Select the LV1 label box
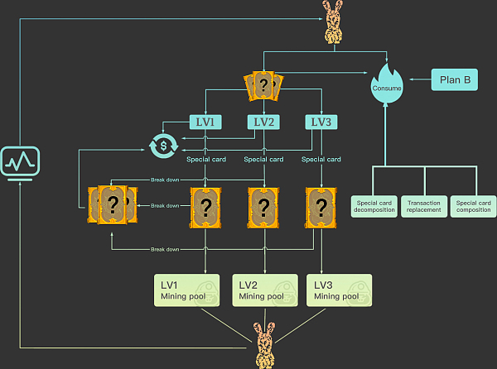(205, 122)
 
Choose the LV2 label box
(263, 122)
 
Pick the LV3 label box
(321, 122)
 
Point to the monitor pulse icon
(19, 161)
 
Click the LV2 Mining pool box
(263, 290)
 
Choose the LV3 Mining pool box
(340, 290)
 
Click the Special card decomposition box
(374, 206)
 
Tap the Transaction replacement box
(424, 206)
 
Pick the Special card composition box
(473, 206)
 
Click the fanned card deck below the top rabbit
(263, 85)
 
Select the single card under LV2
(263, 206)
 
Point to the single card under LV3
(321, 206)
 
